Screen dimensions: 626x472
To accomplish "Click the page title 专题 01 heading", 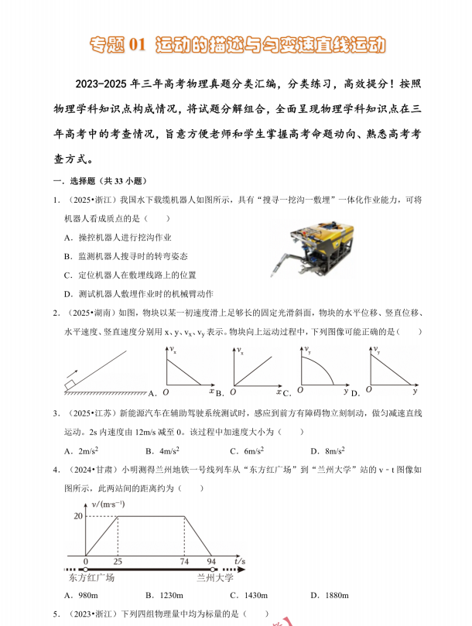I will (x=236, y=44).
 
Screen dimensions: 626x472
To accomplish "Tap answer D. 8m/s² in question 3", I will (x=327, y=450).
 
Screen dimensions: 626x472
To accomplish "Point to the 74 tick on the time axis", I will (x=184, y=560).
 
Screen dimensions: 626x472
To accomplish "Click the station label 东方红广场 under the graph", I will (x=92, y=577).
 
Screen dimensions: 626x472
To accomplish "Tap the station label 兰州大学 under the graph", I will (x=214, y=577).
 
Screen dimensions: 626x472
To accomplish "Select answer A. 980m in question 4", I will (x=81, y=595).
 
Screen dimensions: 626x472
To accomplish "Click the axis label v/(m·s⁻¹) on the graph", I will (x=109, y=504).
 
